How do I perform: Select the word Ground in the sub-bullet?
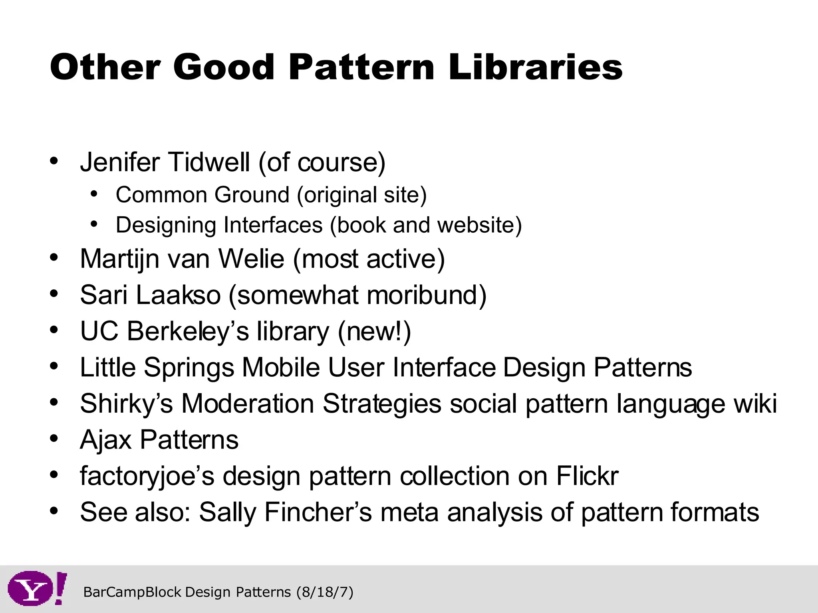pyautogui.click(x=252, y=195)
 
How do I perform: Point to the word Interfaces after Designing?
pyautogui.click(x=273, y=225)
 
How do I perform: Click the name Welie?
pyautogui.click(x=251, y=259)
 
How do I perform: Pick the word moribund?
pyautogui.click(x=426, y=295)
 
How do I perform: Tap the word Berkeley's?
pyautogui.click(x=188, y=331)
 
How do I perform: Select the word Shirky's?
pyautogui.click(x=126, y=403)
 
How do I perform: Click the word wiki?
pyautogui.click(x=755, y=403)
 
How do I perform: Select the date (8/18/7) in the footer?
pyautogui.click(x=325, y=592)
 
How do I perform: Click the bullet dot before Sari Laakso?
pyautogui.click(x=54, y=294)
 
